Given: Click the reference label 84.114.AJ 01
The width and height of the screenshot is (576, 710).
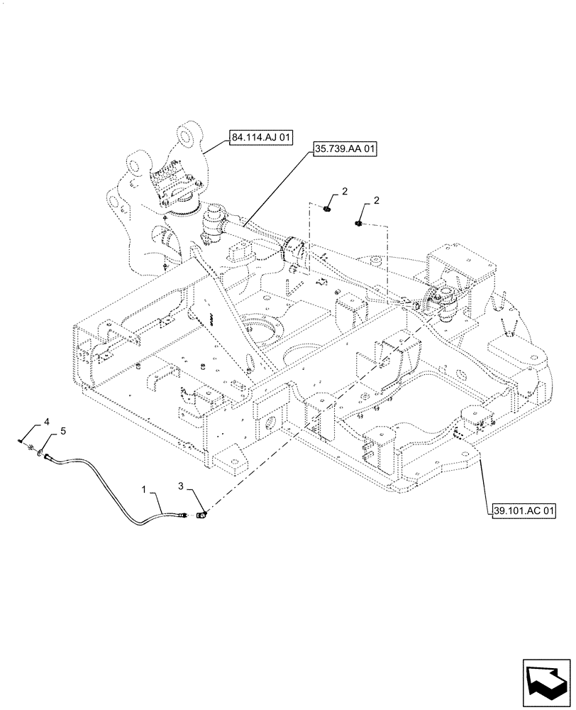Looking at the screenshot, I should [x=261, y=138].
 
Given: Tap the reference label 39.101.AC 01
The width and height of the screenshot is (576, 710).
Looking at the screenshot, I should [x=523, y=510].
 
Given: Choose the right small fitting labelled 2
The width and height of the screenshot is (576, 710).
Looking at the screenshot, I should [x=358, y=224].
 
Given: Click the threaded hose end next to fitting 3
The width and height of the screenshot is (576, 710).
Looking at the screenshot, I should [x=187, y=518].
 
